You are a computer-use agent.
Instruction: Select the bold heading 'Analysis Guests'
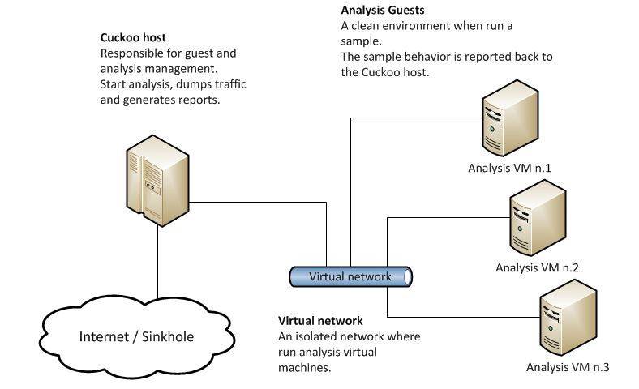pos(383,11)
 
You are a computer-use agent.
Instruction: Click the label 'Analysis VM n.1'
pos(509,169)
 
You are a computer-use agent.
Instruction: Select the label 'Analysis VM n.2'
pos(537,267)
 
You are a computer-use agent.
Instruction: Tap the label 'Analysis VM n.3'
pos(568,368)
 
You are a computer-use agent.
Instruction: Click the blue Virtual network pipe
pos(350,276)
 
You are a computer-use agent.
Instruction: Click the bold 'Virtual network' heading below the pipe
pos(320,321)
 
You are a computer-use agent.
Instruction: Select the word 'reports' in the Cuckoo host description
pos(199,100)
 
